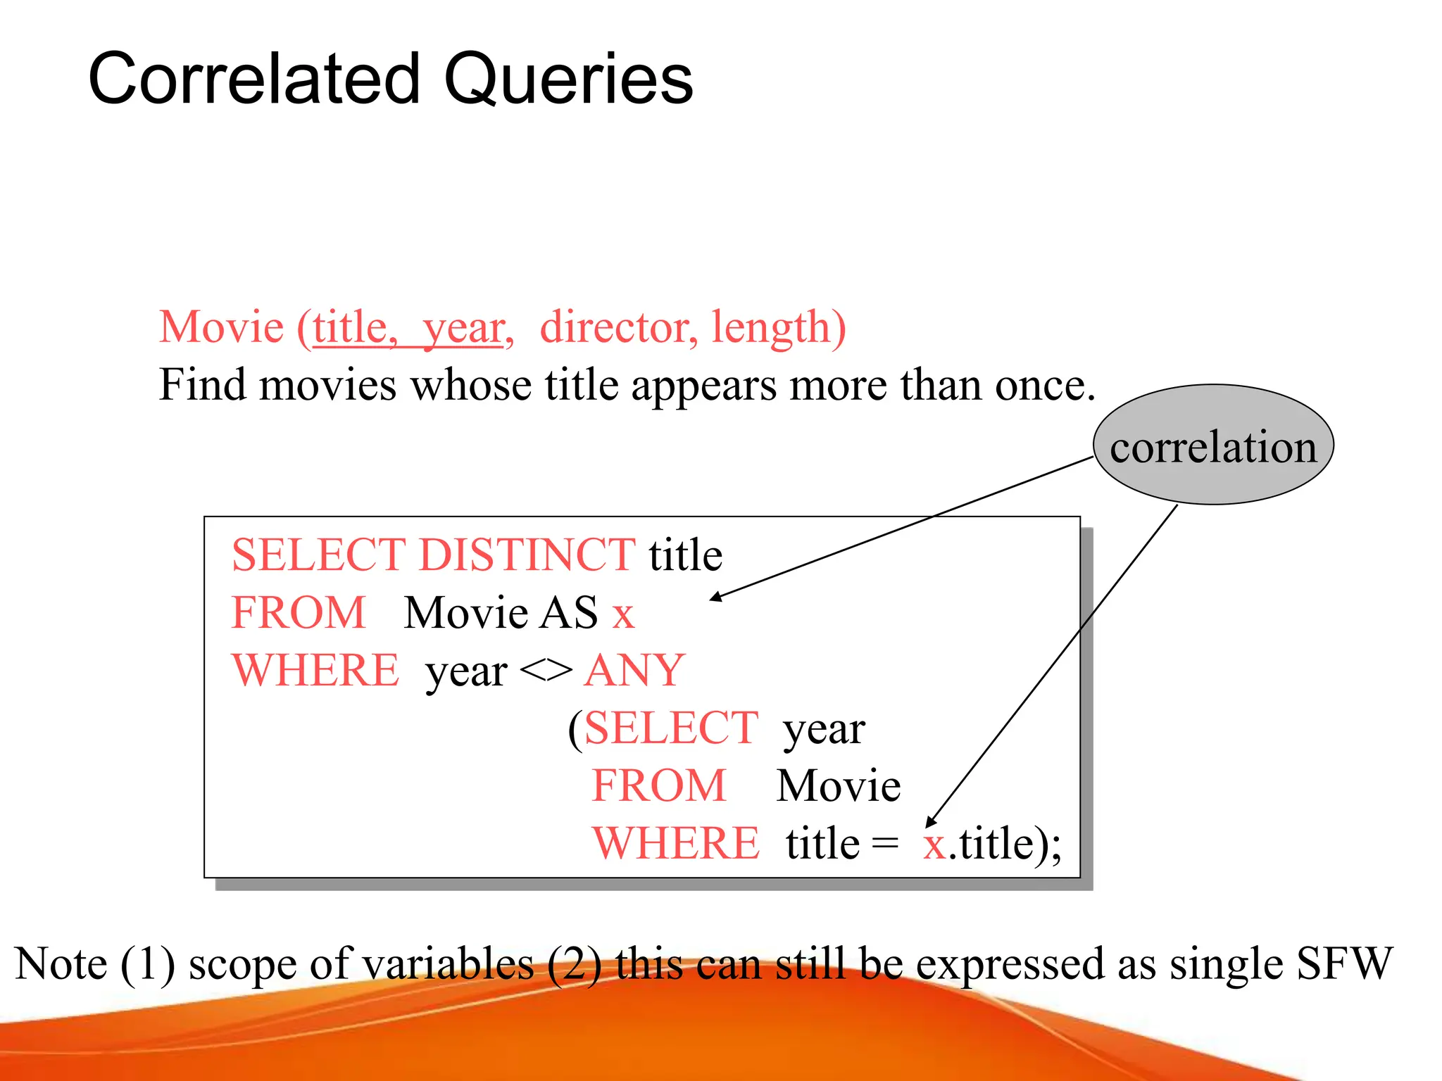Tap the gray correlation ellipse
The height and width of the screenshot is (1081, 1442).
1212,445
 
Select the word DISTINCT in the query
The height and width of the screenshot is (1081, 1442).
527,555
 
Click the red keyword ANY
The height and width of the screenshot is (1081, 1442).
634,670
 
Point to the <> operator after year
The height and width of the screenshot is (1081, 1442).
546,671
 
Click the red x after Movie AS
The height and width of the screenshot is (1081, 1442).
623,614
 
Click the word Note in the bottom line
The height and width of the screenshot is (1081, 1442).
61,963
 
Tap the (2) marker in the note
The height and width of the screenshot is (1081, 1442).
573,964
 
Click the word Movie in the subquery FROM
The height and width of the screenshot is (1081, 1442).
838,785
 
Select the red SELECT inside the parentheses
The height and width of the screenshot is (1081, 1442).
670,728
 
